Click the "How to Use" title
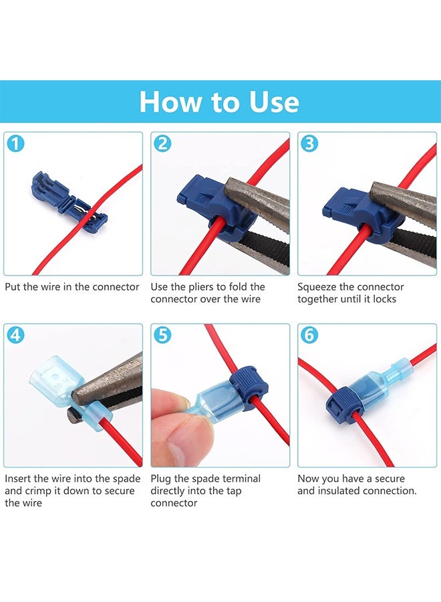pyautogui.click(x=219, y=102)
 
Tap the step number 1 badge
pyautogui.click(x=15, y=142)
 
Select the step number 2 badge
pyautogui.click(x=162, y=142)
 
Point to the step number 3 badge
pyautogui.click(x=309, y=142)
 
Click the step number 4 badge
pyautogui.click(x=15, y=334)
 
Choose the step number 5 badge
pyautogui.click(x=162, y=334)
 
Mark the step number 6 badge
pyautogui.click(x=309, y=334)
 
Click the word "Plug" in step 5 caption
pyautogui.click(x=161, y=479)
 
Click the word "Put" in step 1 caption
pyautogui.click(x=13, y=287)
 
